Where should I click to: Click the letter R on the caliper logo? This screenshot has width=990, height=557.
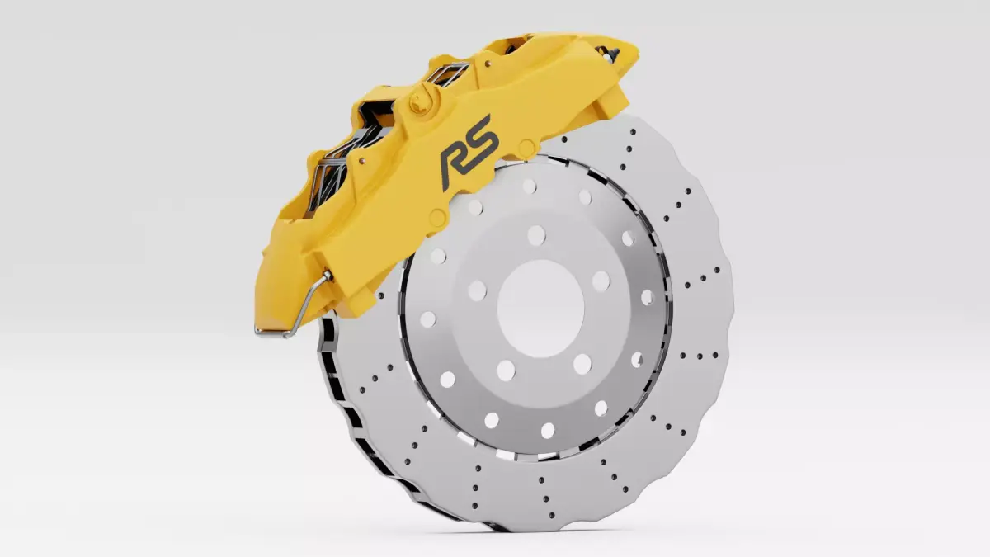click(455, 164)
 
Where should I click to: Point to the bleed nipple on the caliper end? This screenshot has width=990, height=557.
click(611, 53)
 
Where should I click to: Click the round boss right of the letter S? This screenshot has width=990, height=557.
click(525, 149)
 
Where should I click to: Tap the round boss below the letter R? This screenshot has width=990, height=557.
click(438, 219)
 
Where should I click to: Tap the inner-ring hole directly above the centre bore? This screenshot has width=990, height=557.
click(536, 235)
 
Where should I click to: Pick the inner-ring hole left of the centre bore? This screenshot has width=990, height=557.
click(477, 290)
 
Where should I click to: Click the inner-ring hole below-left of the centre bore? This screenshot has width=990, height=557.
click(506, 371)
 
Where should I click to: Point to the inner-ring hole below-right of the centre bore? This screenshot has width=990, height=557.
click(582, 364)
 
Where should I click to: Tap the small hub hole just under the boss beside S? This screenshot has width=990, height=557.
click(529, 186)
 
